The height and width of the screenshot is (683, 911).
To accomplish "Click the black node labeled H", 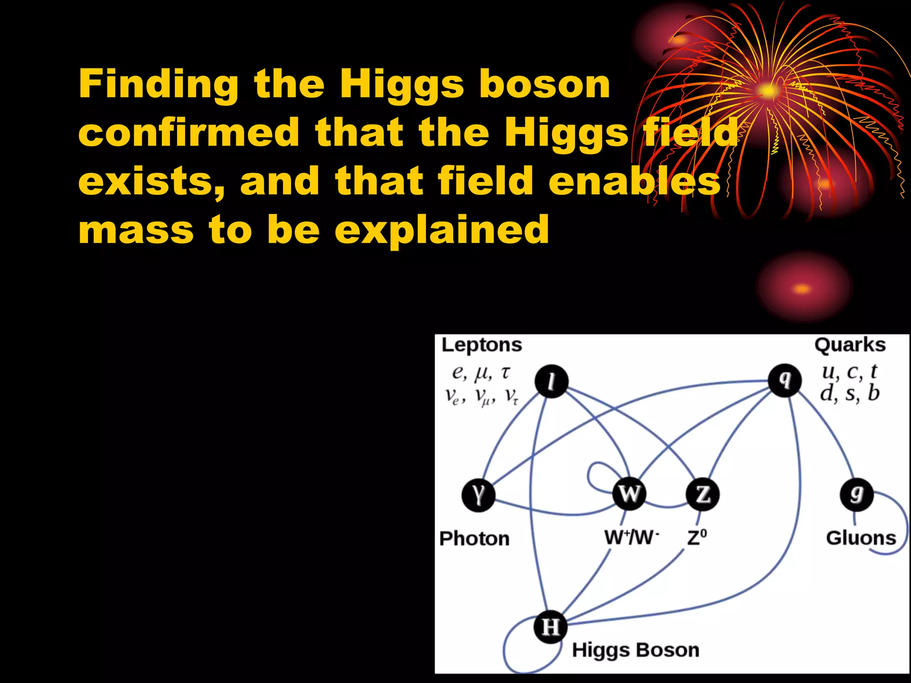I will [551, 627].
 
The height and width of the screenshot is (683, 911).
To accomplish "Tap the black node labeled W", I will [629, 494].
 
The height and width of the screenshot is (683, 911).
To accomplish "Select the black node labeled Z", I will [702, 494].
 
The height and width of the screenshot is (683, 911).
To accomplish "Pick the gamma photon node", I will [478, 495].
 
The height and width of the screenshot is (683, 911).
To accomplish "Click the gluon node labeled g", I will [856, 494].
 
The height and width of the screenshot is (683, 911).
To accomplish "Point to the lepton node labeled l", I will [551, 382].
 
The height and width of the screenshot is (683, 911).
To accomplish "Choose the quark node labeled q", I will [785, 381].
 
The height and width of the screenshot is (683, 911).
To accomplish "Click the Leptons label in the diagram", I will [481, 345].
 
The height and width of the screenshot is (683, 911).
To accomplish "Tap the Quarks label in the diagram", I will [850, 345].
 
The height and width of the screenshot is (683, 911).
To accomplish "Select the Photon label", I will [474, 538].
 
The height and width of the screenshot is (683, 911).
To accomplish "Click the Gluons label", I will [861, 538].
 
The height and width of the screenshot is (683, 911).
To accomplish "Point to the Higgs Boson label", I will [635, 650].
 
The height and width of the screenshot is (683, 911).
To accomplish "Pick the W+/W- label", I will [631, 538].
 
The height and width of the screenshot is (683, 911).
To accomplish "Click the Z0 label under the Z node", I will [697, 538].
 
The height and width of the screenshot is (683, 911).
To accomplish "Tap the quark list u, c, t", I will [849, 372].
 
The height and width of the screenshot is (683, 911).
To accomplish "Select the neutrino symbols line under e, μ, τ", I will [481, 396].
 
